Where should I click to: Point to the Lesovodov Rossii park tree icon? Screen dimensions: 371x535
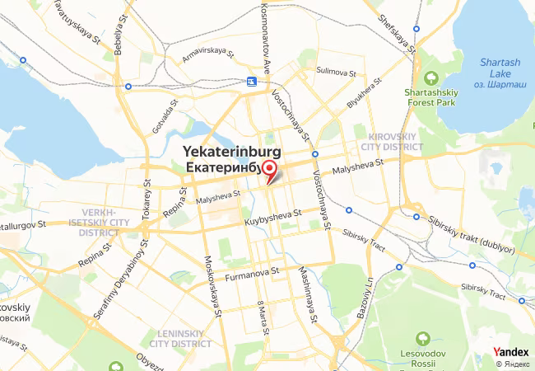click(423, 338)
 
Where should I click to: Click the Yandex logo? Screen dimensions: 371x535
click(511, 353)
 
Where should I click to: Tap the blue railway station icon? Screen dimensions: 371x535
click(250, 82)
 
